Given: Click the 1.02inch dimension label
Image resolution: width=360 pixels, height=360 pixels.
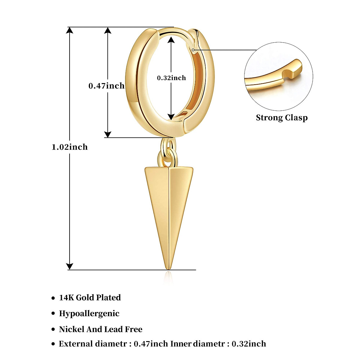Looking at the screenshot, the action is [70, 147].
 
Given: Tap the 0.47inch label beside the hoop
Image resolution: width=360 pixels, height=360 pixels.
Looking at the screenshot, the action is [106, 86].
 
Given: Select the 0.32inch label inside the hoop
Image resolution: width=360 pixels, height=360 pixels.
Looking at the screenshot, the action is [171, 78].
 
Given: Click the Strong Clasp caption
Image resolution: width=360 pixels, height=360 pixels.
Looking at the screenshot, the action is [282, 118].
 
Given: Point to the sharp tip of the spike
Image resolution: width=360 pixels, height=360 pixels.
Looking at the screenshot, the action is [168, 268].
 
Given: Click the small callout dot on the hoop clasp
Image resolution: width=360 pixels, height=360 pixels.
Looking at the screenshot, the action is [193, 49].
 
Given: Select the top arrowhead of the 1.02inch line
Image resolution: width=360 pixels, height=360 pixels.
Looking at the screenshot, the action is [70, 30].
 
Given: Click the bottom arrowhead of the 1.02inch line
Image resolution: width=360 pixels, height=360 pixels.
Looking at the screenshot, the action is [70, 266].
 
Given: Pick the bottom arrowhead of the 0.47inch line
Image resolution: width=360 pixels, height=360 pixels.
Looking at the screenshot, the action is [108, 134].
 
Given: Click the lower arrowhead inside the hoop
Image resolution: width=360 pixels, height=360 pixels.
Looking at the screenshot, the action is [171, 117].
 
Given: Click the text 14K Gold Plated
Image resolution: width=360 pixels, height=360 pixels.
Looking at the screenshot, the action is [90, 298].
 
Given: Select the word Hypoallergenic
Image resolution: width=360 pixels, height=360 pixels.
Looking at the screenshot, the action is [89, 313].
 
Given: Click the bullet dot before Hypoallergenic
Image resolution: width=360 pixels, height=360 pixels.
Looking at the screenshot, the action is [53, 314].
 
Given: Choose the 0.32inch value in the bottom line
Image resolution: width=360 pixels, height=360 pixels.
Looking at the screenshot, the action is [249, 344].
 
